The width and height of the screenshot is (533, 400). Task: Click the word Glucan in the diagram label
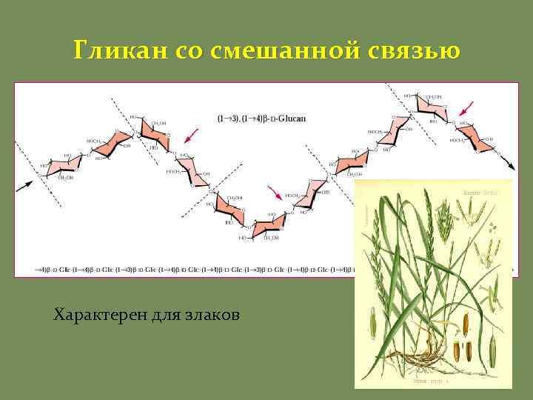tap(292, 119)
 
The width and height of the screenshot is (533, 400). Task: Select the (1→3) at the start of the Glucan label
tap(228, 119)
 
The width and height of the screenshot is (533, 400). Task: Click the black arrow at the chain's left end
tap(25, 184)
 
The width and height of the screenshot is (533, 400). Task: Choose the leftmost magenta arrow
tap(192, 135)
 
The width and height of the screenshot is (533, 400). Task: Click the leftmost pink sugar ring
tap(58, 167)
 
